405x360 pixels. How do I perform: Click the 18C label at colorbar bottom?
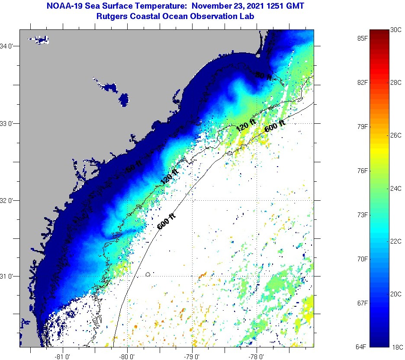pos(396,347)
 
